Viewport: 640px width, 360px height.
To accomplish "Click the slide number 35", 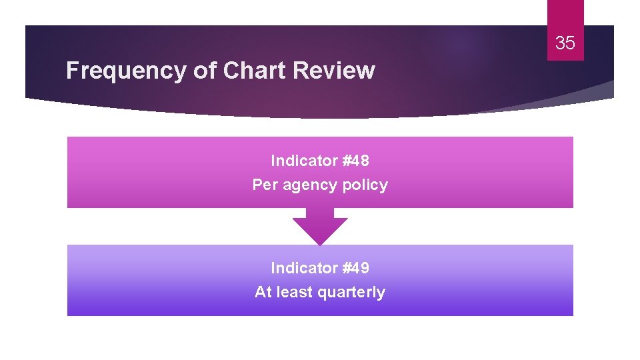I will pos(565,43).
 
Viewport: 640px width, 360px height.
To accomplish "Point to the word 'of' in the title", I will pos(204,71).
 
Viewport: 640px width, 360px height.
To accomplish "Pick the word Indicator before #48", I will pos(304,161).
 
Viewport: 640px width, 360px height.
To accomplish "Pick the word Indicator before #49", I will pos(304,268).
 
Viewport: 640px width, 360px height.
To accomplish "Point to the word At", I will pos(263,292).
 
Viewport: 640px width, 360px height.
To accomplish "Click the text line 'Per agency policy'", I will pos(320,185).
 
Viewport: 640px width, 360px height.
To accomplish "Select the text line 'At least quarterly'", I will pos(320,292).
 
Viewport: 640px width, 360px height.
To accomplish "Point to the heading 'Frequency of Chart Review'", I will pos(220,71).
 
